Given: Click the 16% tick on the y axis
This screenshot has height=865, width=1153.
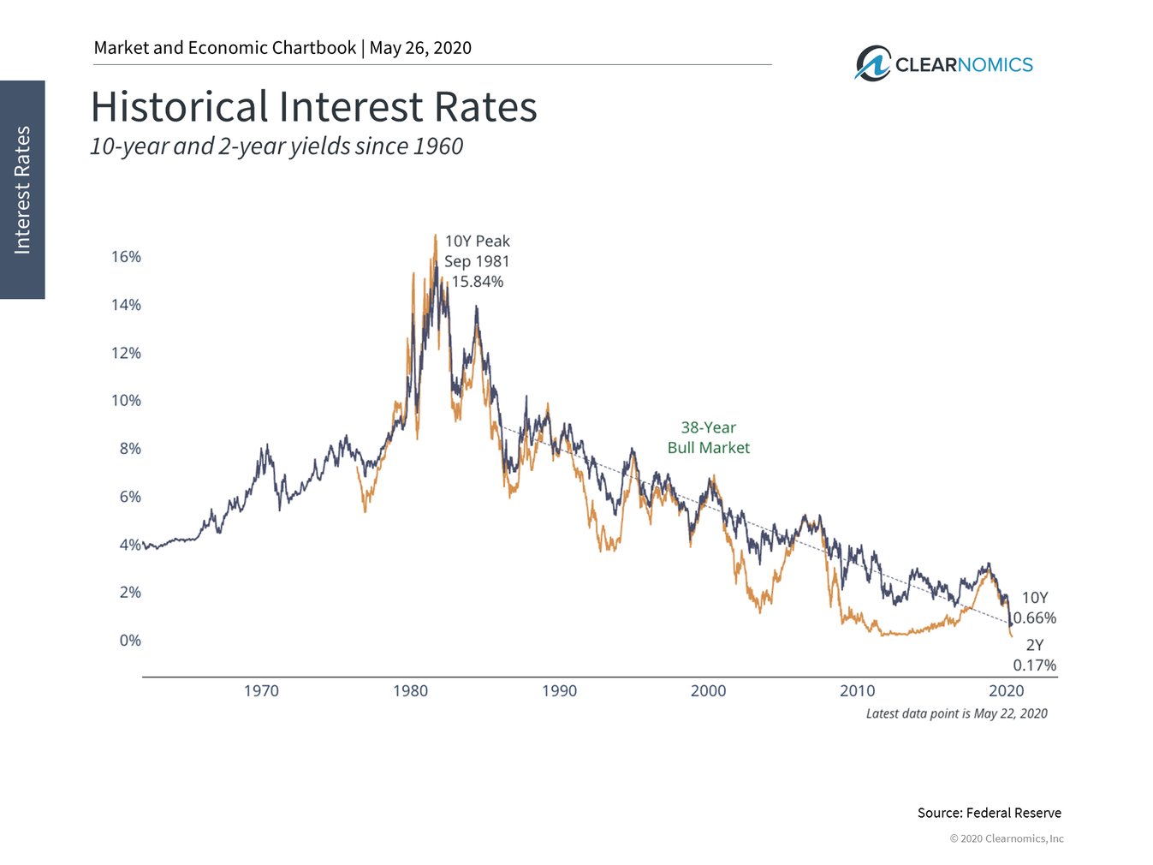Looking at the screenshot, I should click(126, 257).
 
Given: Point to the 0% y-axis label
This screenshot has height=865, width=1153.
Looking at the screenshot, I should click(129, 641).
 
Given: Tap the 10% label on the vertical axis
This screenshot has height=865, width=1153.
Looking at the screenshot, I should click(126, 401).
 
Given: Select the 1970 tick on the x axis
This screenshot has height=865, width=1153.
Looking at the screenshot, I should click(261, 691).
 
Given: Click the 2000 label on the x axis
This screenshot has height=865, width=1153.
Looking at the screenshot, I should click(708, 691).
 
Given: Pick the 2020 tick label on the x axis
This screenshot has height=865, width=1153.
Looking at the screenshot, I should click(1007, 691).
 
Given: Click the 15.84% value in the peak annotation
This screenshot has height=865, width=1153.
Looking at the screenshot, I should click(477, 282).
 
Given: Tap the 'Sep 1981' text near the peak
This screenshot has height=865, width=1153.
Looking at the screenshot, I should click(477, 261).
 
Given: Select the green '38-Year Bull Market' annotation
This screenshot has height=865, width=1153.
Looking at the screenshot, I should click(708, 438).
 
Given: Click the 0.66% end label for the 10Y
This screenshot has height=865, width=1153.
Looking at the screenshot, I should click(1035, 618).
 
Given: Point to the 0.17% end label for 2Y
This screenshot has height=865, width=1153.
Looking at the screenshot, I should click(1035, 665).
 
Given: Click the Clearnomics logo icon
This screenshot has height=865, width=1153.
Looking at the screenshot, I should click(873, 64).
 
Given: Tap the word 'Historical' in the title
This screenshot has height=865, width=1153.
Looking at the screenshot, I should click(180, 107).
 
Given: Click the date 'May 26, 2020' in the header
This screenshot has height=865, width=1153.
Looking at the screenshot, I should click(420, 48).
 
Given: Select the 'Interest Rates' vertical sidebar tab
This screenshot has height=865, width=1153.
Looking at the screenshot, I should click(22, 189).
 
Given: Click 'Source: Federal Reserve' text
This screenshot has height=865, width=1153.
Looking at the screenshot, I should click(989, 813).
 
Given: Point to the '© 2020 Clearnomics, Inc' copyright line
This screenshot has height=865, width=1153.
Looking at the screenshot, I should click(1007, 838).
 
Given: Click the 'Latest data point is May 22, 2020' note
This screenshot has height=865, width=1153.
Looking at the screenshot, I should click(956, 713).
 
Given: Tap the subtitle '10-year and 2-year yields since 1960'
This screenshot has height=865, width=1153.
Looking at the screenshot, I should click(276, 146).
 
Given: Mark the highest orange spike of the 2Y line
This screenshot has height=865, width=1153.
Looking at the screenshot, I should click(435, 236).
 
